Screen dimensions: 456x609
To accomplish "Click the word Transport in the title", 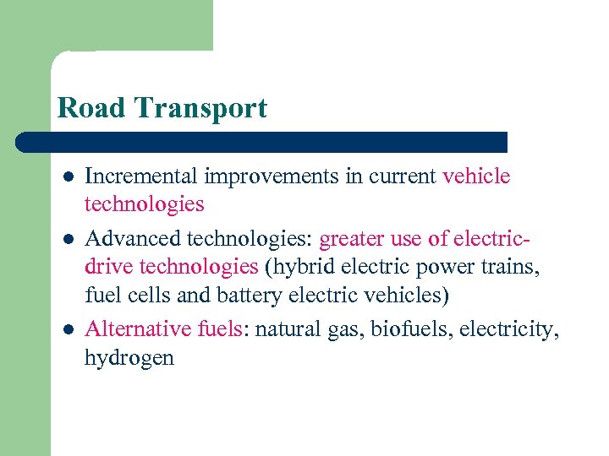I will (x=200, y=108).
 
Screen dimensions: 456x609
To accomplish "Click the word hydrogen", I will (x=129, y=357).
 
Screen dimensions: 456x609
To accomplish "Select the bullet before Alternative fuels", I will (x=67, y=328).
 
